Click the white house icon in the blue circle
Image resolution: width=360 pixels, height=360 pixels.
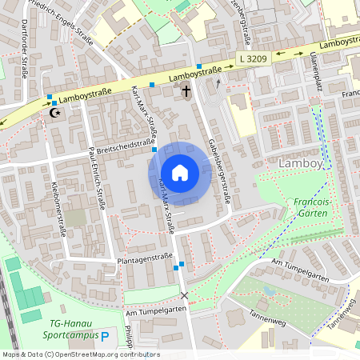click(x=179, y=173)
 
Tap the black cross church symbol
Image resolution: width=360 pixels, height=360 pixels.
click(x=186, y=90)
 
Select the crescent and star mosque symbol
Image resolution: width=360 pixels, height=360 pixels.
click(x=55, y=114)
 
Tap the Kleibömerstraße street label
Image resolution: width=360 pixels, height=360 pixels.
click(x=57, y=210)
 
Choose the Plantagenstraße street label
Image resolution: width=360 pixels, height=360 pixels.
click(x=145, y=257)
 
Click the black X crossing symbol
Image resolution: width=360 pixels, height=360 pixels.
click(x=185, y=296)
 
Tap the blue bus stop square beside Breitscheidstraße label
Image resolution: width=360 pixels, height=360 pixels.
click(x=154, y=150)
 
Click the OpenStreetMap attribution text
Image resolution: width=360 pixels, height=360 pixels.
click(x=80, y=354)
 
